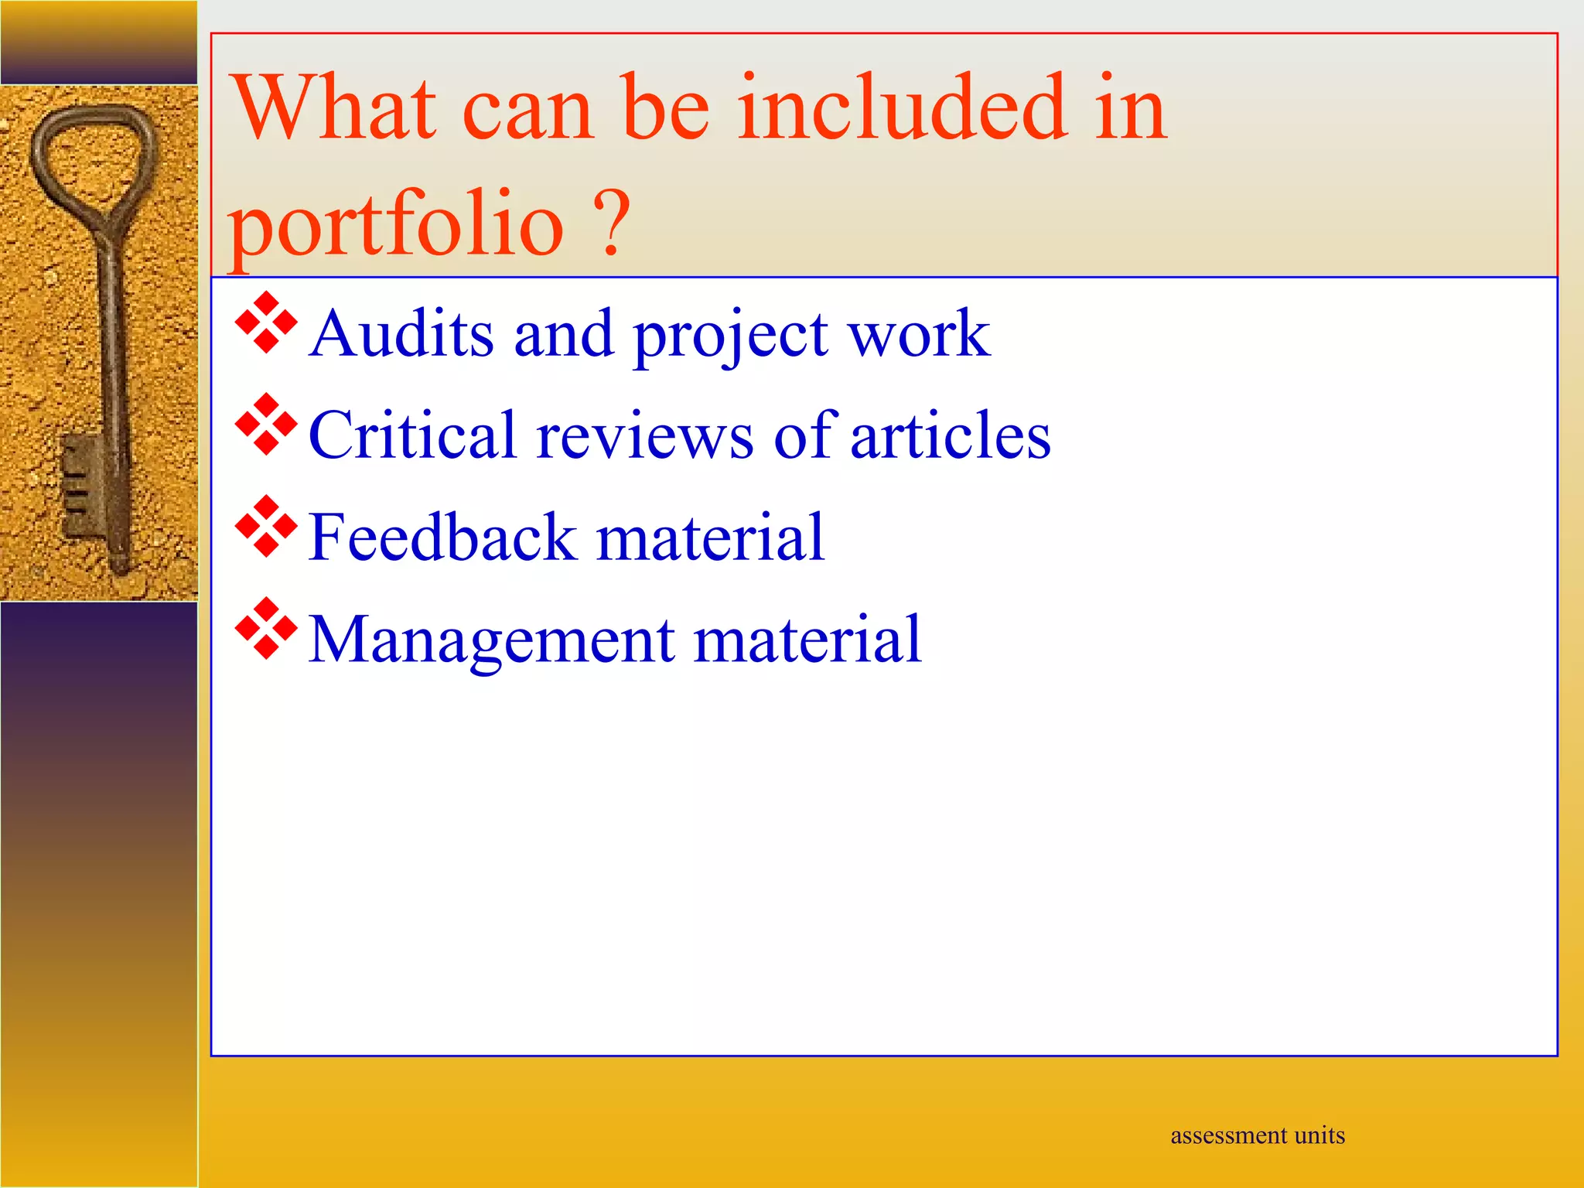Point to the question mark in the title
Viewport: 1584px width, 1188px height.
pos(612,223)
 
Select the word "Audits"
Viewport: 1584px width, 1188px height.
pos(401,333)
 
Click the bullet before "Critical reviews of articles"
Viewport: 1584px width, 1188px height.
pos(266,425)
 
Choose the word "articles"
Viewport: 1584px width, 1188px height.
pos(951,435)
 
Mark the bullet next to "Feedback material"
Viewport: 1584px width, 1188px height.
pos(266,527)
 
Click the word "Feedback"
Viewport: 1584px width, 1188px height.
pos(442,537)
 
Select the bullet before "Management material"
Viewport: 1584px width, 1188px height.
pos(266,629)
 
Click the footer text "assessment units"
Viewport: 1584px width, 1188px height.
pos(1258,1135)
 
